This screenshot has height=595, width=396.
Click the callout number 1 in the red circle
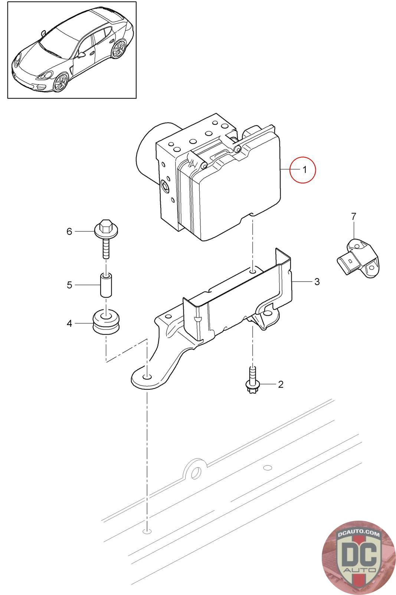304,170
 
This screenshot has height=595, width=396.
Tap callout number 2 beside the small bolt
281,384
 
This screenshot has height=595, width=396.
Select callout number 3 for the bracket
317,282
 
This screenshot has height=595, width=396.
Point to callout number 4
69,324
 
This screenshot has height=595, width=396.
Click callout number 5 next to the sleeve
69,285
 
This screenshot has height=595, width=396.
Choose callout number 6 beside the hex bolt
69,231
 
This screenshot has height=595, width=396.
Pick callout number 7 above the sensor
353,216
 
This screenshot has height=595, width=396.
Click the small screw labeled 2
252,379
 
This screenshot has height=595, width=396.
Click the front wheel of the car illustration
60,82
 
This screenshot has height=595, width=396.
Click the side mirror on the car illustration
81,54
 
